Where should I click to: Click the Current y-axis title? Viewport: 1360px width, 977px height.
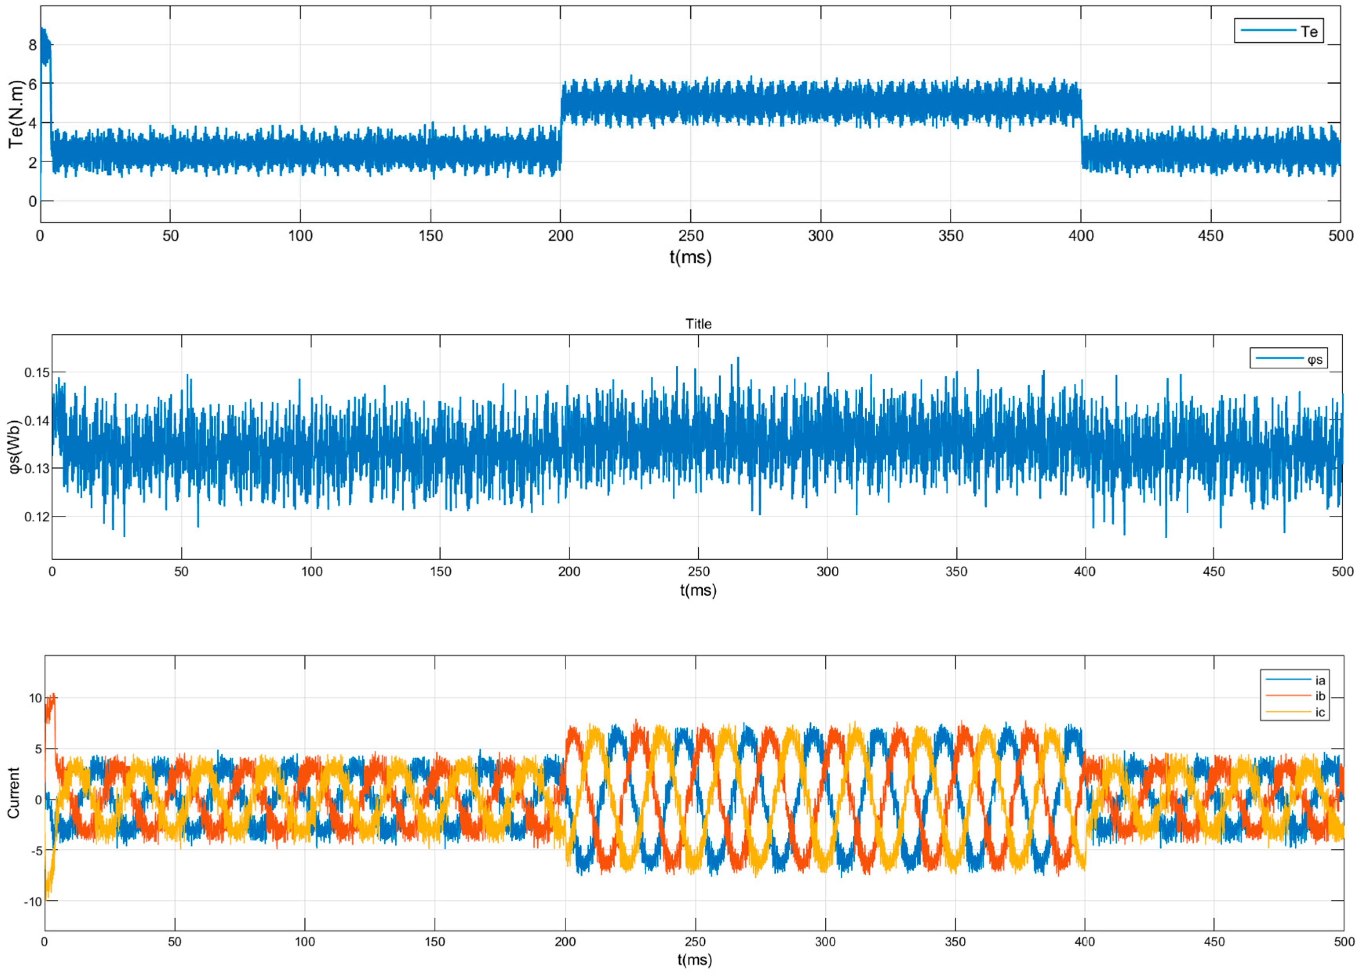click(x=13, y=792)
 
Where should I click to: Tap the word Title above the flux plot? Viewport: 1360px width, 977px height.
click(x=698, y=324)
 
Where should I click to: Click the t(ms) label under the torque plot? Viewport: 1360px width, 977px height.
click(x=690, y=257)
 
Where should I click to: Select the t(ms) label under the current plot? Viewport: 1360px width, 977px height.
click(x=695, y=960)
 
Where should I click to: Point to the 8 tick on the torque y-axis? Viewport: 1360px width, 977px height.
click(x=33, y=45)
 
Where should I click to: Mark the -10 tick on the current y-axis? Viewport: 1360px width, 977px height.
click(x=33, y=901)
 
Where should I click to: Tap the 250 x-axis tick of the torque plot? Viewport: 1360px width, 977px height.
click(x=691, y=236)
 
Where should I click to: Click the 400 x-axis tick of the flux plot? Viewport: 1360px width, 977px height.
click(x=1085, y=572)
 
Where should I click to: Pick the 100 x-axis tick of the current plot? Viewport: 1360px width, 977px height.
click(x=305, y=942)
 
